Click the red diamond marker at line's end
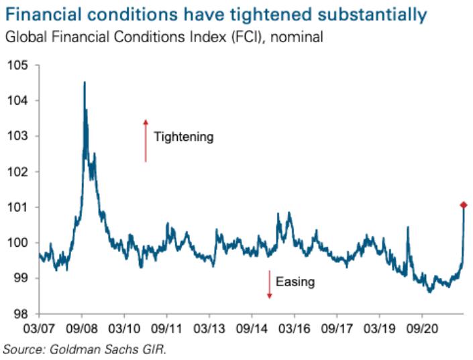tap(464, 204)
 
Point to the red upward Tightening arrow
tap(144, 141)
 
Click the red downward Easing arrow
tap(269, 284)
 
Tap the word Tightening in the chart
tap(183, 137)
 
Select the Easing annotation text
tap(296, 282)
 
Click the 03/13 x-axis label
tap(209, 330)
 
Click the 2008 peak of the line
tap(84, 82)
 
